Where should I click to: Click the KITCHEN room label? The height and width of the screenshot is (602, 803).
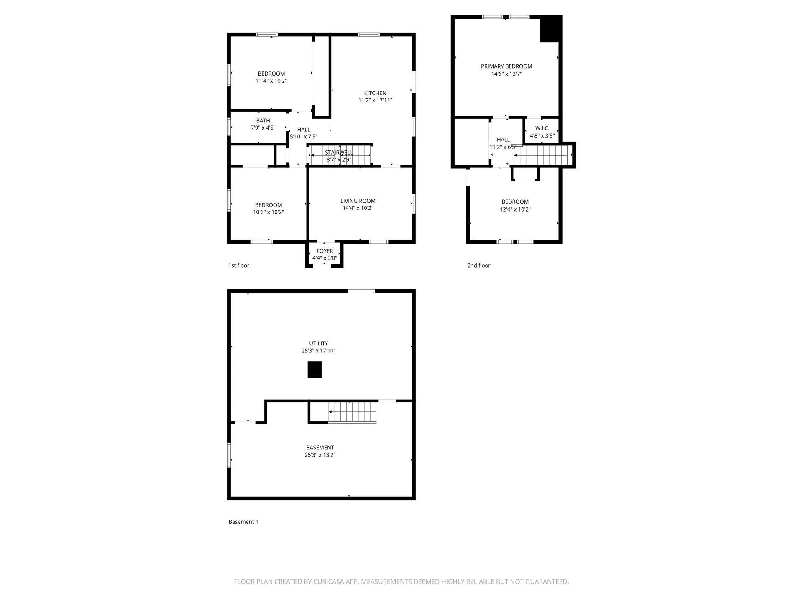[x=375, y=93]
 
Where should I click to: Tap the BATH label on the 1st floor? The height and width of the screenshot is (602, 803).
[x=263, y=121]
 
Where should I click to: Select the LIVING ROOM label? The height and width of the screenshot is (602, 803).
[x=358, y=201]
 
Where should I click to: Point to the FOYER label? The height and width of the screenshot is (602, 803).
[x=325, y=251]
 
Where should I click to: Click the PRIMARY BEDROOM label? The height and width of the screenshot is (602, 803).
[x=506, y=66]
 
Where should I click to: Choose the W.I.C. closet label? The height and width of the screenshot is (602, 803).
[x=542, y=128]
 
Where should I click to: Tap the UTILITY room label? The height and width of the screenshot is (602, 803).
[x=319, y=343]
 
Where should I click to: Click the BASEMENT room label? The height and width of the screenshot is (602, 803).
[x=320, y=447]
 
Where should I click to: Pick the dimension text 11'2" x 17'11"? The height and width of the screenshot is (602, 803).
[x=375, y=100]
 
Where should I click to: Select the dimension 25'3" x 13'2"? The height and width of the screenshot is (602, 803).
[x=320, y=455]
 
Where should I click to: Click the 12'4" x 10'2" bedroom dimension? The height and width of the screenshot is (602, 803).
[x=515, y=209]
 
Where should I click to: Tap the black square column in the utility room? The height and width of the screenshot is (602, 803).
[x=315, y=370]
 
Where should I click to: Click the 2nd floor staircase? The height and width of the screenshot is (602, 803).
[x=543, y=155]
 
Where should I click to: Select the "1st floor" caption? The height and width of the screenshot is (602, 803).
[x=239, y=265]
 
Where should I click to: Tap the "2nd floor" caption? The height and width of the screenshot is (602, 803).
[x=478, y=265]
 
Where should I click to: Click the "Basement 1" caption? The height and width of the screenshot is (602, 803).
[x=243, y=522]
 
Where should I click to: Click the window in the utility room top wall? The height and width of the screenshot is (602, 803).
[x=362, y=291]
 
